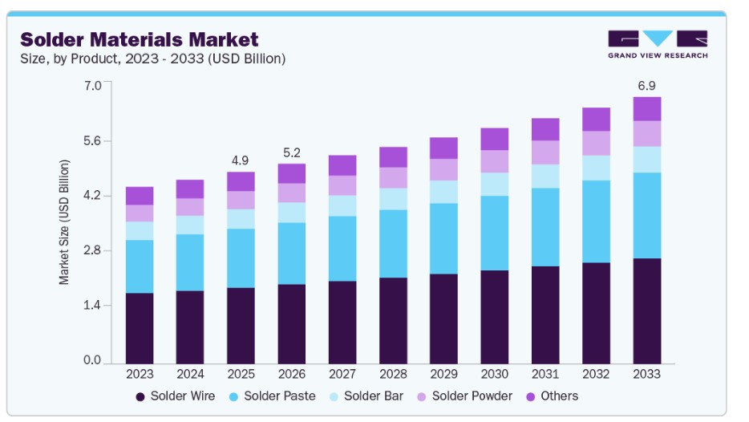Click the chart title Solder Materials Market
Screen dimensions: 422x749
tap(140, 39)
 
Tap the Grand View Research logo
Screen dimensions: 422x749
tap(658, 43)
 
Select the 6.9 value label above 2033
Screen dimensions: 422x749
tap(646, 85)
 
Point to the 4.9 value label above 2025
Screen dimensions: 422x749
tap(240, 160)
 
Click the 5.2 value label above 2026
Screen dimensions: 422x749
tap(290, 152)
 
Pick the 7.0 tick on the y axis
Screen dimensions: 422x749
tap(92, 85)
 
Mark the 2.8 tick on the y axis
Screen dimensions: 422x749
tap(92, 250)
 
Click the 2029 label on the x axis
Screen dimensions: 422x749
tap(443, 374)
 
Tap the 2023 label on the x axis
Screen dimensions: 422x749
tap(139, 374)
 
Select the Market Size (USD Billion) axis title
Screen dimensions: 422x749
tap(64, 222)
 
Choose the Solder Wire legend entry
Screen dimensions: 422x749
tap(175, 396)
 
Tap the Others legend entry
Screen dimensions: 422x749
tap(552, 396)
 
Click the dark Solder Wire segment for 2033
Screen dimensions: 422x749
tap(646, 310)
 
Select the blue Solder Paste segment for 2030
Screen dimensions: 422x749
tap(494, 233)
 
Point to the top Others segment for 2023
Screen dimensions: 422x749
tap(139, 196)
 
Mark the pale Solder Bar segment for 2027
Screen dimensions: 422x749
tap(342, 205)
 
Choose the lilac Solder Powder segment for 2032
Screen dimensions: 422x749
tap(596, 143)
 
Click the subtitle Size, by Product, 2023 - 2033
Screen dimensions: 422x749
tap(152, 59)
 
